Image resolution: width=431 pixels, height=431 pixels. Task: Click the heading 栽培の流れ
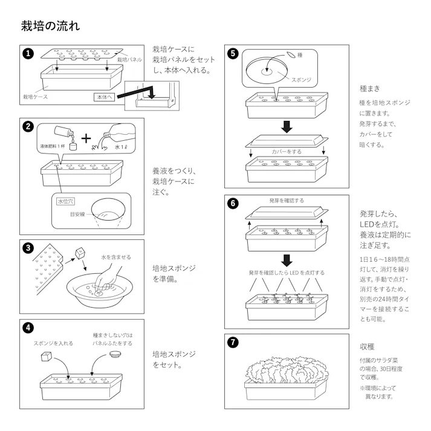click(x=50, y=26)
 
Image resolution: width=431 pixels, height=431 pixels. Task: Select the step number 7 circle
click(x=233, y=343)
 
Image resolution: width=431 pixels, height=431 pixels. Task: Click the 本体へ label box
click(x=103, y=97)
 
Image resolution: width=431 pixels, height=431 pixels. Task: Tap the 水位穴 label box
click(x=64, y=201)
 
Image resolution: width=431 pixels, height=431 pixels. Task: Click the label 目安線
click(x=77, y=214)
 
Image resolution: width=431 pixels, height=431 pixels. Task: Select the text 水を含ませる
click(x=115, y=257)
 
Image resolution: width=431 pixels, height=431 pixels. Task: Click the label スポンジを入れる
click(x=53, y=343)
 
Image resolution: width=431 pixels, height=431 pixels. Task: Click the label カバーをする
click(x=287, y=152)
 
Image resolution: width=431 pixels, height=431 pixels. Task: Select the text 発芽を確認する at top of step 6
click(x=287, y=201)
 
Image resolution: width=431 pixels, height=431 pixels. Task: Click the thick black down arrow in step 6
click(x=287, y=260)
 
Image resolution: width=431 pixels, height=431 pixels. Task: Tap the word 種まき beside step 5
click(x=369, y=89)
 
